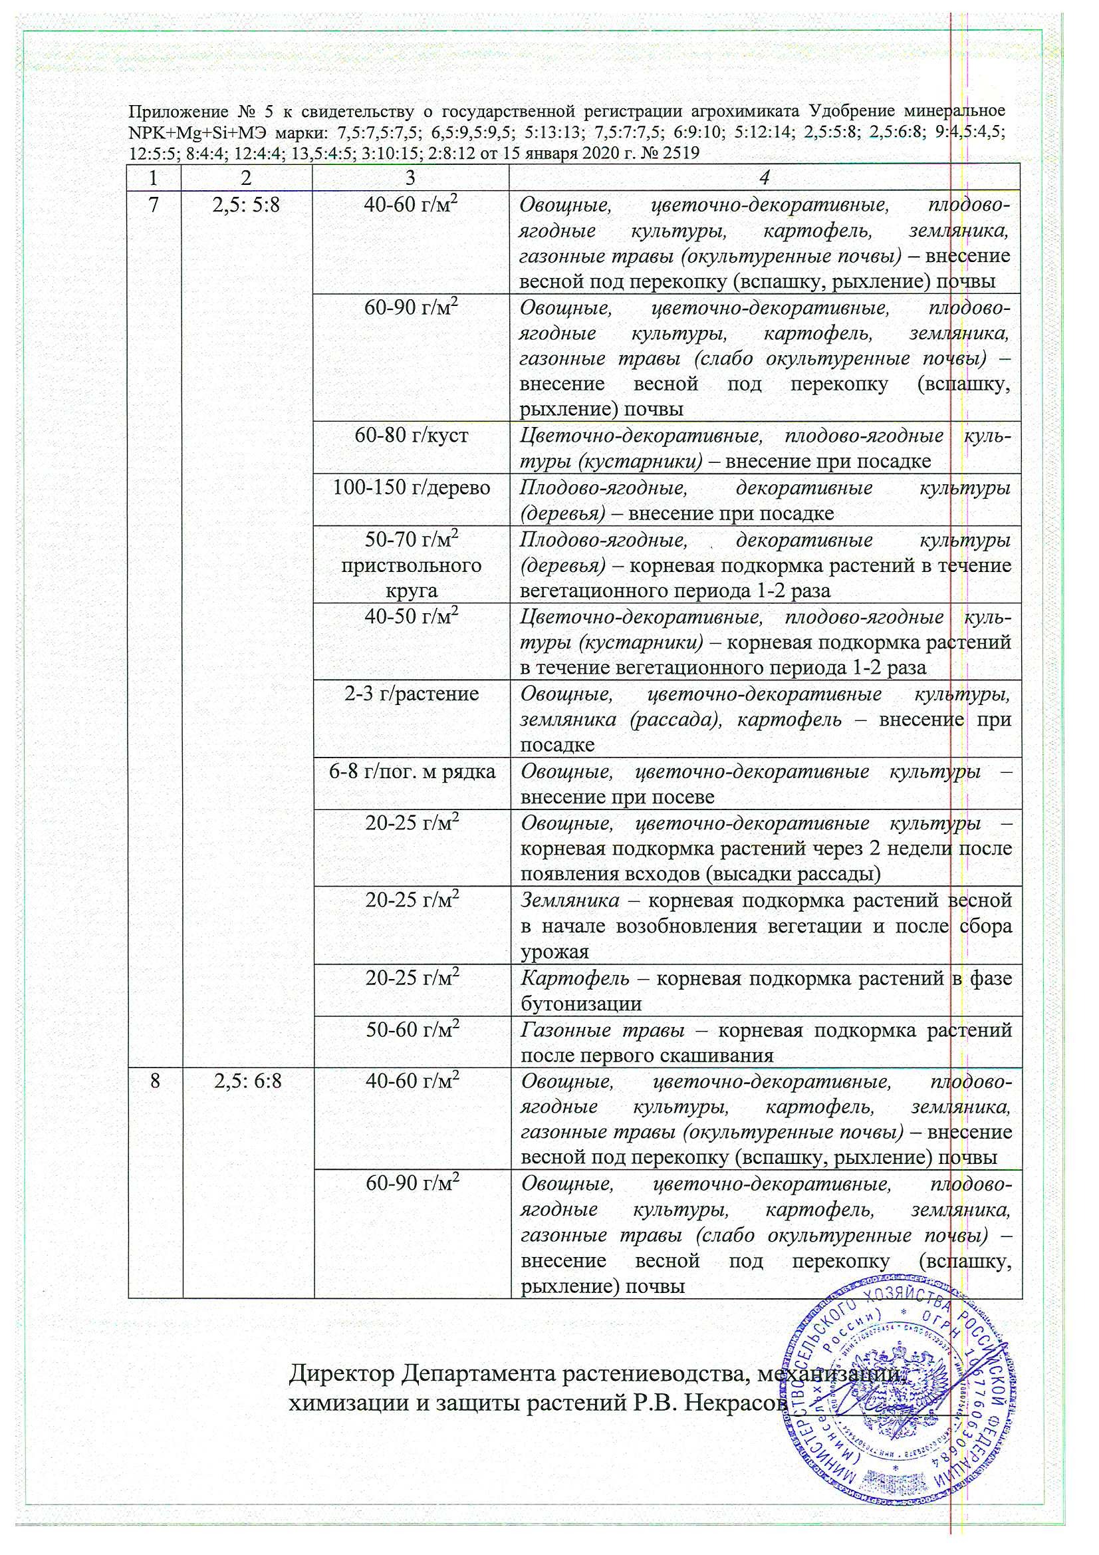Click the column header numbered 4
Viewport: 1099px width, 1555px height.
point(765,178)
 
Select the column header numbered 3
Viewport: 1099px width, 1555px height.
point(410,178)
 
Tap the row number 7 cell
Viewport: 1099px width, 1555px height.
point(154,205)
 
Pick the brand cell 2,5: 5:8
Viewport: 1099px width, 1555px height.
point(246,205)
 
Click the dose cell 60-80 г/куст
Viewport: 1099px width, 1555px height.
point(411,436)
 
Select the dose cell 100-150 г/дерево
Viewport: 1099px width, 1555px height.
point(411,488)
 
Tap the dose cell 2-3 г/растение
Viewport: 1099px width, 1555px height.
point(411,694)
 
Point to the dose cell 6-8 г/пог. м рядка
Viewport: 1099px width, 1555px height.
point(412,771)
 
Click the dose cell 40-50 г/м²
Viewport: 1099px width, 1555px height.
point(412,617)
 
